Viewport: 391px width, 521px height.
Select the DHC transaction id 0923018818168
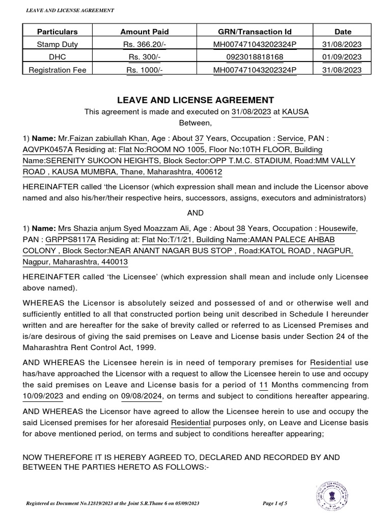(255, 57)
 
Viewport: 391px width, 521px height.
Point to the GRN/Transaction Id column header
(255, 32)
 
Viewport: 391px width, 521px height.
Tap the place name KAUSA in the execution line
(295, 112)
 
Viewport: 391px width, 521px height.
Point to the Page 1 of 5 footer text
(275, 504)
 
